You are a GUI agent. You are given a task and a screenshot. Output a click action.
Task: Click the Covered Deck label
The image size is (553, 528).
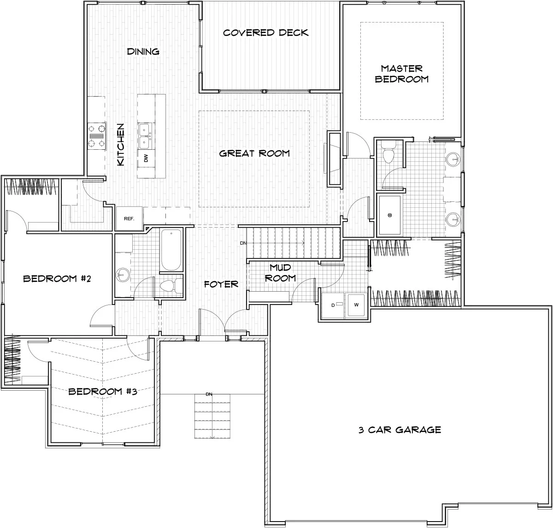click(x=266, y=33)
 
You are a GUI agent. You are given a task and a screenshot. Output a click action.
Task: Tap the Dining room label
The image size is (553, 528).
click(x=143, y=52)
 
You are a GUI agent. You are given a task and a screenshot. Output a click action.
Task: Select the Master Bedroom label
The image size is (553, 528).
click(x=402, y=74)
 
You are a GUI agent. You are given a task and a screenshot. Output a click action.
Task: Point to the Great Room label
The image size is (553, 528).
click(x=254, y=153)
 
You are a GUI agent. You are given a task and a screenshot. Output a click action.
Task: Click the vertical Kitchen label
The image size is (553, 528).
click(x=121, y=145)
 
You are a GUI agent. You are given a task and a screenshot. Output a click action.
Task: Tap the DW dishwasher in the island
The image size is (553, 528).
click(x=146, y=158)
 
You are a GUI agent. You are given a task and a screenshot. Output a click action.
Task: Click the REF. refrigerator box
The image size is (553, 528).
click(x=129, y=218)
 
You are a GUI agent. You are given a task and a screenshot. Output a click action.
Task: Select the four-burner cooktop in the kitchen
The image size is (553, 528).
click(x=97, y=136)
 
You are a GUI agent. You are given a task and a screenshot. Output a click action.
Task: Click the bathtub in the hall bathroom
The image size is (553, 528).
click(x=171, y=250)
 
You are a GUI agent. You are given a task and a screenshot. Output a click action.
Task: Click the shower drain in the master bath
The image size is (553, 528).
click(x=390, y=215)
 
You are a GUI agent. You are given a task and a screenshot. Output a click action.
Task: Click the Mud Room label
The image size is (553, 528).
click(x=280, y=273)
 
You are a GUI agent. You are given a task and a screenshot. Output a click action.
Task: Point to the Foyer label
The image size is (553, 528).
click(x=221, y=284)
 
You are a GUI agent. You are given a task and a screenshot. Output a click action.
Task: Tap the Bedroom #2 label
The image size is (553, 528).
click(x=57, y=278)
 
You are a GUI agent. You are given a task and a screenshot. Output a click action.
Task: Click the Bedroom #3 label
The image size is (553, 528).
click(x=103, y=392)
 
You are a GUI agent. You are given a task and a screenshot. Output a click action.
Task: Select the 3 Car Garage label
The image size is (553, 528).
click(x=400, y=430)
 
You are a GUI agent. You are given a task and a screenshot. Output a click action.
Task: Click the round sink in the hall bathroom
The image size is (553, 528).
click(x=123, y=275)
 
